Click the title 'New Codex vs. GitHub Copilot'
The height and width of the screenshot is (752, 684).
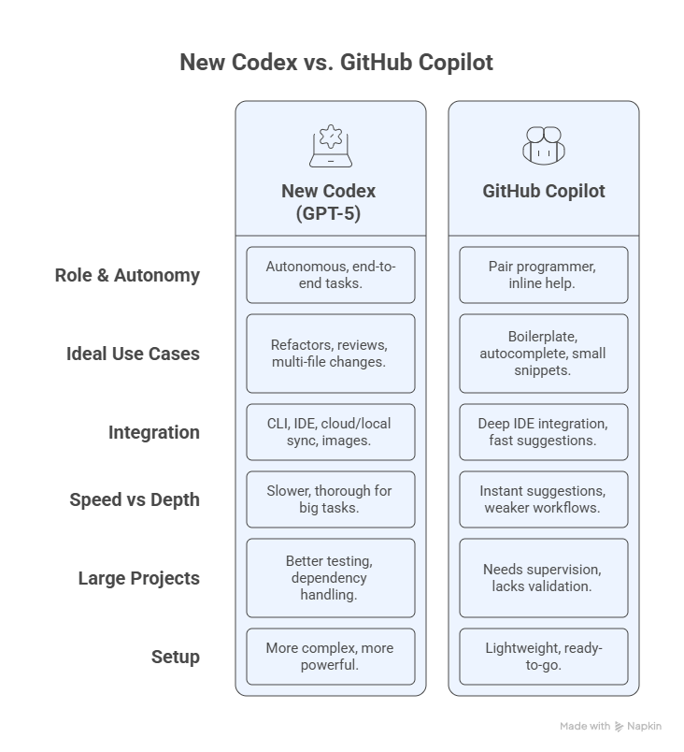[336, 63]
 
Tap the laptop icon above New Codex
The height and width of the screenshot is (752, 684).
[331, 146]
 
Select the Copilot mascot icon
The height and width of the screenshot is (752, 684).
[544, 146]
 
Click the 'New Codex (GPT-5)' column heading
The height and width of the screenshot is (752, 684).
[329, 202]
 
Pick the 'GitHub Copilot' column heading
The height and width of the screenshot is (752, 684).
[544, 191]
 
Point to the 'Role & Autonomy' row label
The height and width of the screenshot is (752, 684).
[127, 275]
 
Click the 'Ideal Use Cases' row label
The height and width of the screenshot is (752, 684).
[134, 354]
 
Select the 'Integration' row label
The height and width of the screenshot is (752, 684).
[154, 433]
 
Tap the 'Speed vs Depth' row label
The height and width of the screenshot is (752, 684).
[135, 499]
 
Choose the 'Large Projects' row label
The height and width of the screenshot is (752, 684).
[139, 578]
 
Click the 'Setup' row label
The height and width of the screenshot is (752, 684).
[176, 657]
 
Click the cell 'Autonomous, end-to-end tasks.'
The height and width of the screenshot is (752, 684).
[331, 275]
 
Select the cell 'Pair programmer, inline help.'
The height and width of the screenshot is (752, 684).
[544, 275]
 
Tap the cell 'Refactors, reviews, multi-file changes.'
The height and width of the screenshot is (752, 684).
[331, 354]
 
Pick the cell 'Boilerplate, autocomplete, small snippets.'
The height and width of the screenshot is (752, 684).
[544, 354]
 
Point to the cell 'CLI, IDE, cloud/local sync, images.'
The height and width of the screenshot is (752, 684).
[331, 432]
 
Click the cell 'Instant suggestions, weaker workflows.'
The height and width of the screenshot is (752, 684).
[544, 499]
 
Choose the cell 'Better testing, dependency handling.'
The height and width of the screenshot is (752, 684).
[331, 578]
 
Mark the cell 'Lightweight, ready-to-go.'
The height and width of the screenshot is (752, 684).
[544, 657]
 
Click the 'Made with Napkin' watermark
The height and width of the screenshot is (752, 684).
[611, 727]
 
